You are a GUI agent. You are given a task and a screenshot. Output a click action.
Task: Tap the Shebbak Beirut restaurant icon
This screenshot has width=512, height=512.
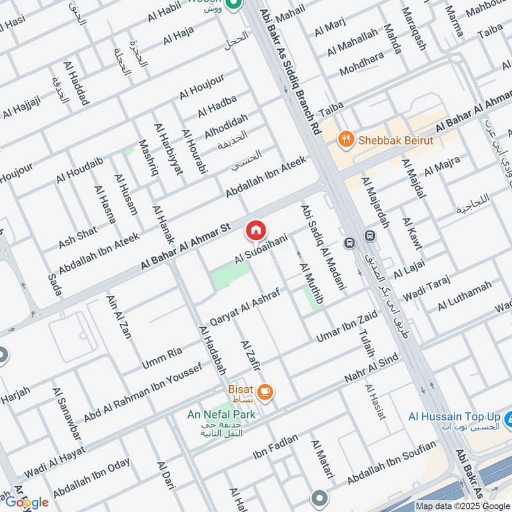coord(346,140)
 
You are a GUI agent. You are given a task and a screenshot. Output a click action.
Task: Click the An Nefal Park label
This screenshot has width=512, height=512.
coord(221,415)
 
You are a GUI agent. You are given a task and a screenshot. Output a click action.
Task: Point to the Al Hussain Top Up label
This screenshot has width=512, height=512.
coord(455,417)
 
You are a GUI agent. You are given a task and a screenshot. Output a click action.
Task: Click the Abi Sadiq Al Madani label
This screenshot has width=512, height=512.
coord(324,246)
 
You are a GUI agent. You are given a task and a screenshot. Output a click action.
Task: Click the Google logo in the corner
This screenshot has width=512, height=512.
coord(26,501)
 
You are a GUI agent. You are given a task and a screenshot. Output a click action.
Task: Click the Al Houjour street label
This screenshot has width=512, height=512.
coord(202,86)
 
